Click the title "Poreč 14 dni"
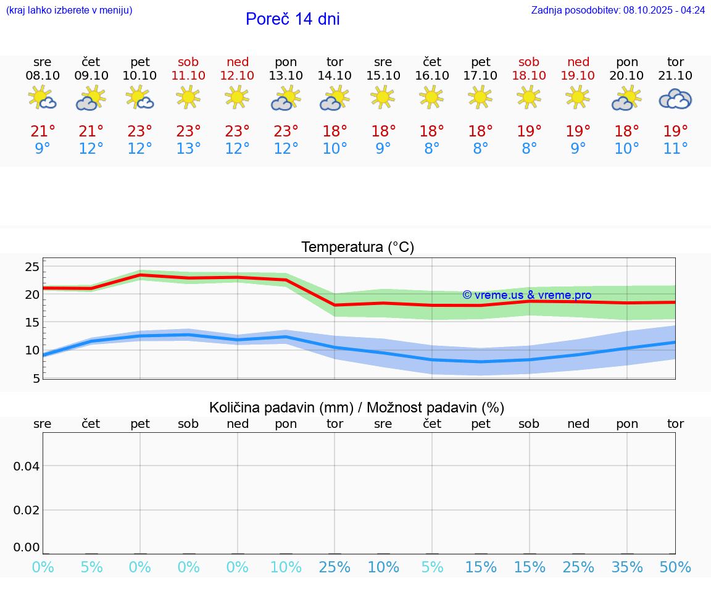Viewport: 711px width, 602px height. pyautogui.click(x=293, y=19)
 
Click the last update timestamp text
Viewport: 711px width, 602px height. pyautogui.click(x=618, y=10)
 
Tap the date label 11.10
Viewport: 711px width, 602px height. pyautogui.click(x=189, y=75)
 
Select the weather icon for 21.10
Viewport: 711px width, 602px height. pyautogui.click(x=675, y=99)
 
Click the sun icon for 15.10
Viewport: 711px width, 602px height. pyautogui.click(x=383, y=97)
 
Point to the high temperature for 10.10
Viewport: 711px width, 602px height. pyautogui.click(x=140, y=131)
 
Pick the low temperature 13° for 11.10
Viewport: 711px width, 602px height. pyautogui.click(x=189, y=148)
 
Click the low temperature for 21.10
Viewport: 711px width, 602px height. pyautogui.click(x=675, y=148)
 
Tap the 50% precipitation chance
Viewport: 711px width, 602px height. pyautogui.click(x=675, y=567)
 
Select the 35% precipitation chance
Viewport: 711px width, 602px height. pyautogui.click(x=627, y=567)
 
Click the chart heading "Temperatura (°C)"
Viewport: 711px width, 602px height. pyautogui.click(x=357, y=248)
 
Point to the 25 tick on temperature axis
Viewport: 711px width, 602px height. pyautogui.click(x=32, y=267)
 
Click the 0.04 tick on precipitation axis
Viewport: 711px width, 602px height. pyautogui.click(x=27, y=466)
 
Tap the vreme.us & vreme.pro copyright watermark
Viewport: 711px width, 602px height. pyautogui.click(x=526, y=295)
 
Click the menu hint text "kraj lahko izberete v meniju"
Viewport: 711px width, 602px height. pyautogui.click(x=69, y=10)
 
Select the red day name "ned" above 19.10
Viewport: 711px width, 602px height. pyautogui.click(x=578, y=62)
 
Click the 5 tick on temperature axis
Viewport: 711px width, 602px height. pyautogui.click(x=36, y=378)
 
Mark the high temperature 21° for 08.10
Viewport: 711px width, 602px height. pyautogui.click(x=43, y=131)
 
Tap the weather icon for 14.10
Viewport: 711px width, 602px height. pyautogui.click(x=335, y=99)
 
